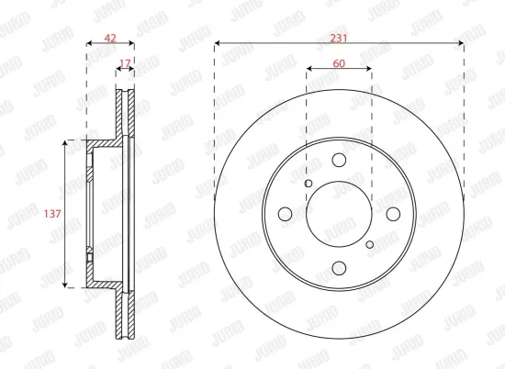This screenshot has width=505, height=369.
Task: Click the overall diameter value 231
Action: (x=340, y=37)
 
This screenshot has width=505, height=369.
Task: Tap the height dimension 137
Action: (x=52, y=214)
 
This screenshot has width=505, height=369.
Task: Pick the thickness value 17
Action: (x=125, y=62)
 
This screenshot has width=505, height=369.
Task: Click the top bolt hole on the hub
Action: (x=339, y=162)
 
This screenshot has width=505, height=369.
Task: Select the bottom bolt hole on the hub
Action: (x=339, y=267)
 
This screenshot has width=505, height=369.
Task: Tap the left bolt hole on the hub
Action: (x=286, y=214)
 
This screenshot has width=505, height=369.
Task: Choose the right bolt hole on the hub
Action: (x=392, y=214)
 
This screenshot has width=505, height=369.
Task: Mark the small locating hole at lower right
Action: (x=369, y=244)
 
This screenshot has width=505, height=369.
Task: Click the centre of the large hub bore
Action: (x=339, y=214)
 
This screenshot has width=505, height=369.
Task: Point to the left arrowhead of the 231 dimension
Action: (x=217, y=43)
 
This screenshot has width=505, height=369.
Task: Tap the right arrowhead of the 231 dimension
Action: (x=462, y=43)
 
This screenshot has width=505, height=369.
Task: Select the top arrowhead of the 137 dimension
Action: (x=66, y=143)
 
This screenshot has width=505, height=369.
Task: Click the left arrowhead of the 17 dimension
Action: (x=118, y=70)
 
